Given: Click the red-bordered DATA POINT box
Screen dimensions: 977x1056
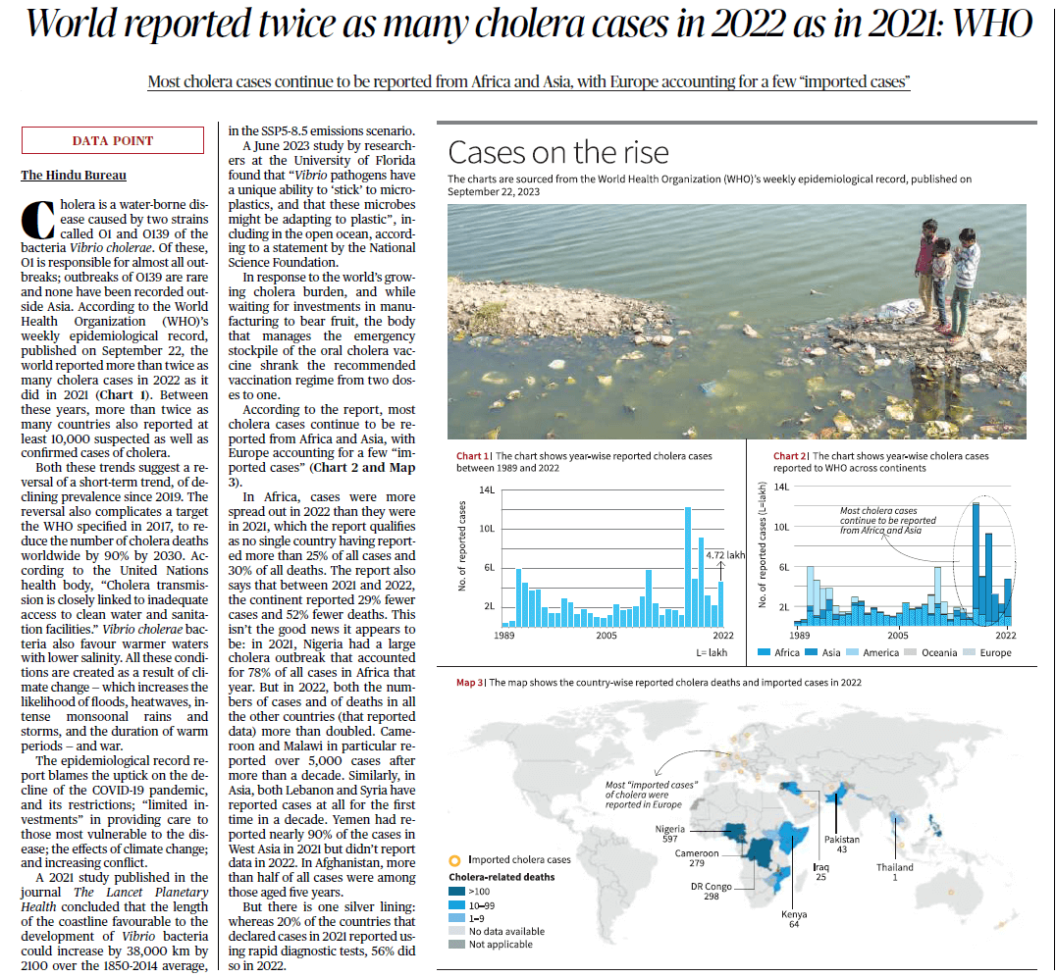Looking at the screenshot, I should (x=113, y=141).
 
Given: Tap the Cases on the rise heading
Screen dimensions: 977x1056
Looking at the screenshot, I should (x=557, y=152).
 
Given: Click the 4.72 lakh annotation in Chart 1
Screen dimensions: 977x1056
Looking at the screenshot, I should (x=725, y=555).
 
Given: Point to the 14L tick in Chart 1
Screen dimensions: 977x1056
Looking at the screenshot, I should (x=487, y=489).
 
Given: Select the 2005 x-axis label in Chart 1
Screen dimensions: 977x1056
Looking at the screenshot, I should (x=606, y=636).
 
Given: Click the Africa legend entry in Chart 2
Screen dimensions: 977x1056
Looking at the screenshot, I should (x=780, y=652).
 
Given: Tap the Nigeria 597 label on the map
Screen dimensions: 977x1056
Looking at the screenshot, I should (x=669, y=834).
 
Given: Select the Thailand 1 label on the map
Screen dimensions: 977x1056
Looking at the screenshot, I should (x=894, y=872).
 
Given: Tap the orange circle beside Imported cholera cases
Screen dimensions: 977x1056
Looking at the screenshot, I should (x=454, y=859).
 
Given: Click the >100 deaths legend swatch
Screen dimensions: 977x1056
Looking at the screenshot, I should (x=455, y=891).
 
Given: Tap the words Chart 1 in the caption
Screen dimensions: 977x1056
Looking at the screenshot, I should (x=471, y=456).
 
